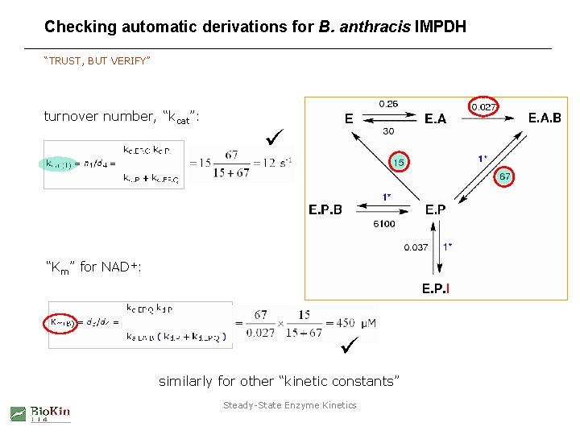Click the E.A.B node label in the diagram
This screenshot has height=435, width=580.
coord(545,118)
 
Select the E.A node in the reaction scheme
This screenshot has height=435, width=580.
coord(436,119)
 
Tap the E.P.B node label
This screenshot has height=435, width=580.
coord(325,210)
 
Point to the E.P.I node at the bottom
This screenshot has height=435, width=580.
coord(436,288)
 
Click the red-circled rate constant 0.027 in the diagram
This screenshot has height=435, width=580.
coord(483,106)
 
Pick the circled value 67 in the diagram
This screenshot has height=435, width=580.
coord(505,176)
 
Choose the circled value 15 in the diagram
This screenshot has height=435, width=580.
coord(398,163)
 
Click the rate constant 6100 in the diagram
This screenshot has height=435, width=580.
coord(384,224)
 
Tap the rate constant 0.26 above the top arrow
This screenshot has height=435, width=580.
coord(388,104)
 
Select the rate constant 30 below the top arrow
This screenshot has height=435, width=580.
coord(388,131)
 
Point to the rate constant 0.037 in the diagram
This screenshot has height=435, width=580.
coord(416,247)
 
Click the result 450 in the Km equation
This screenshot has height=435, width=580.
coord(345,323)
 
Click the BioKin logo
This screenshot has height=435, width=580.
coord(40,413)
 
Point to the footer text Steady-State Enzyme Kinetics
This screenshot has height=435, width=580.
coord(289,405)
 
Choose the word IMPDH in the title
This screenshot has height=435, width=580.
coord(440,27)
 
